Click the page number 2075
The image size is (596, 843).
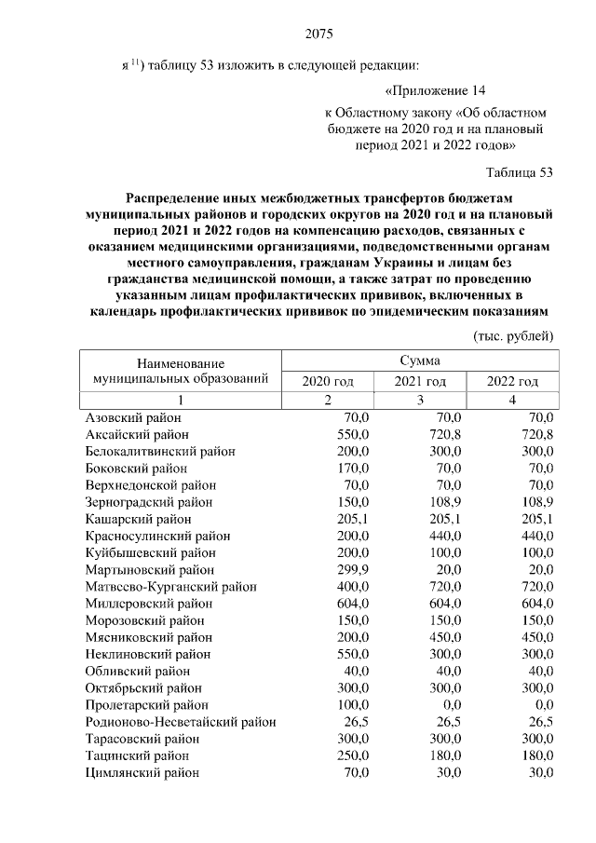pyautogui.click(x=318, y=35)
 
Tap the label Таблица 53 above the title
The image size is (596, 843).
pyautogui.click(x=520, y=172)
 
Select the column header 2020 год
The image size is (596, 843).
pyautogui.click(x=328, y=381)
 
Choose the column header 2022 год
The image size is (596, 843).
pyautogui.click(x=513, y=381)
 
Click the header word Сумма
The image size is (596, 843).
pyautogui.click(x=420, y=360)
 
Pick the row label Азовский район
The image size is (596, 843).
pyautogui.click(x=133, y=418)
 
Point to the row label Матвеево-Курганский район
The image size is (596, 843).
pyautogui.click(x=170, y=586)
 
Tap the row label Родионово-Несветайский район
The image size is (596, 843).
pyautogui.click(x=180, y=721)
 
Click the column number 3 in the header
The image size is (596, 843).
pyautogui.click(x=420, y=400)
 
